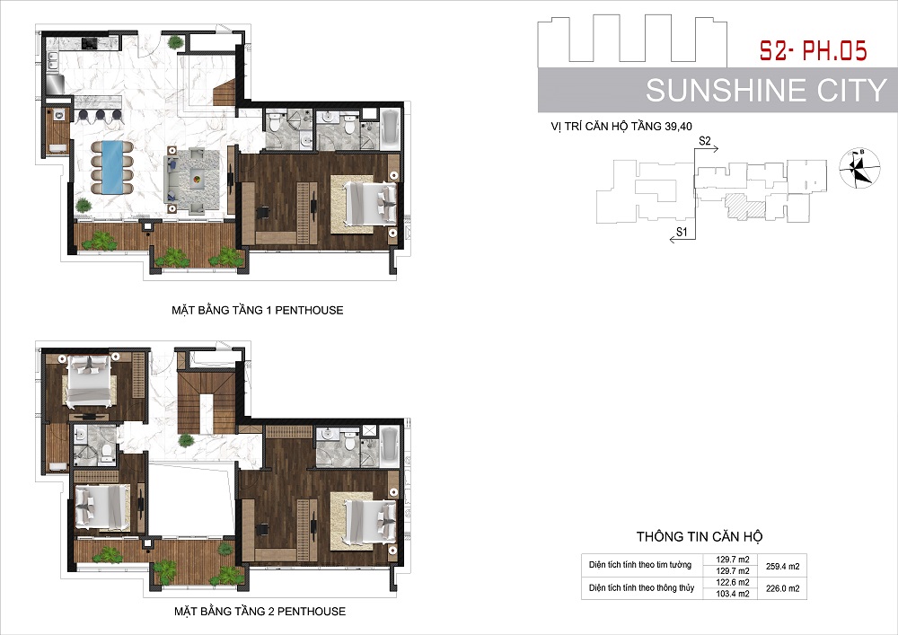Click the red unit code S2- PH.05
814,50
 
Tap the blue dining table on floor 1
111,168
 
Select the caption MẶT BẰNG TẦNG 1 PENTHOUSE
257,311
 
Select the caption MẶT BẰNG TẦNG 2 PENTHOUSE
260,612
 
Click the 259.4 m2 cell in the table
782,566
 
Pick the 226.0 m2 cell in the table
782,588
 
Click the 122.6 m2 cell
733,582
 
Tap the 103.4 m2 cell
733,594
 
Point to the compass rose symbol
859,167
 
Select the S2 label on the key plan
704,140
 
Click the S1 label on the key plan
682,232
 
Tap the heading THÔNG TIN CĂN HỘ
700,536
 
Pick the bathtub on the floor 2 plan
390,447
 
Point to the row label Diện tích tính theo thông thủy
641,588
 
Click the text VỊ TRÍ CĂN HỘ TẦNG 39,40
621,126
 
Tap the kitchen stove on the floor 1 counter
91,43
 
